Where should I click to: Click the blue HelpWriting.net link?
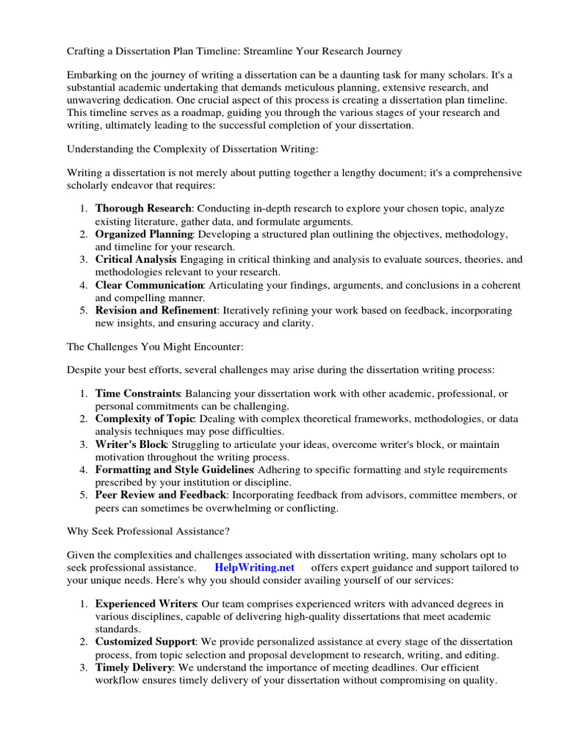point(254,568)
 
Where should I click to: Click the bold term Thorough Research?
point(143,209)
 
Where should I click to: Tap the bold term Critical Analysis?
point(136,259)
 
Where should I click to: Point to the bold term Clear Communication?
point(149,285)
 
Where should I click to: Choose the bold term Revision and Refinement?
point(156,311)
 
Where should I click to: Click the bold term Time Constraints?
point(138,394)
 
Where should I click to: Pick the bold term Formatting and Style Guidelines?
point(175,469)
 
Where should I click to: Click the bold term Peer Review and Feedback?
point(160,495)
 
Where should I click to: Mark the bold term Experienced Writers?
point(145,604)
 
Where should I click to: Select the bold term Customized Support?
point(144,642)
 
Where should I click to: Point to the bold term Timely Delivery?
point(134,668)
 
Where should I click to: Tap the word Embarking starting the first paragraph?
point(94,75)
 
